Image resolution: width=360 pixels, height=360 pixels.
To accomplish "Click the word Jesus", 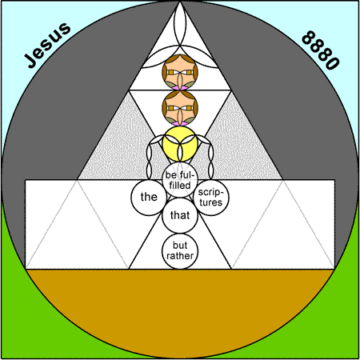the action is pyautogui.click(x=47, y=45).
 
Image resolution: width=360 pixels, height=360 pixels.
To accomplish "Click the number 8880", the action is pyautogui.click(x=321, y=50).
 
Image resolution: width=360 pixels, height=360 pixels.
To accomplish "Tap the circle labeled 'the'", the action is pyautogui.click(x=149, y=198).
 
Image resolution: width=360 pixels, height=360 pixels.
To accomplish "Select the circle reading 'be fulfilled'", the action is pyautogui.click(x=180, y=180).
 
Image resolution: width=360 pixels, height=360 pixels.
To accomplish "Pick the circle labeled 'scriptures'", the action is pyautogui.click(x=211, y=198).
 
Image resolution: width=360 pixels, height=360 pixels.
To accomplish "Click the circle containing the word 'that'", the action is pyautogui.click(x=180, y=215).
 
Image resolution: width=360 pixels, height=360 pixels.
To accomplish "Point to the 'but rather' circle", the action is pyautogui.click(x=180, y=251).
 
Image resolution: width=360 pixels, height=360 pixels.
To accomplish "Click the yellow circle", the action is pyautogui.click(x=180, y=144).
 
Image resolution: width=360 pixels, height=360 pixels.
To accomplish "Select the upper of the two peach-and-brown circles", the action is pyautogui.click(x=180, y=72).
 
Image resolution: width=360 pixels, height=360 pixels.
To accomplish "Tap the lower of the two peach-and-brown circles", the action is pyautogui.click(x=180, y=108).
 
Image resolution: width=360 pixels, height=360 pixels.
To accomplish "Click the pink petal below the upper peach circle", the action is pyautogui.click(x=180, y=88).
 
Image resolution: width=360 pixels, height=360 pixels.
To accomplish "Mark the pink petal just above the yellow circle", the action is pyautogui.click(x=180, y=123).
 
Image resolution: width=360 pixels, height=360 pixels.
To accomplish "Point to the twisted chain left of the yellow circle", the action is pyautogui.click(x=150, y=158).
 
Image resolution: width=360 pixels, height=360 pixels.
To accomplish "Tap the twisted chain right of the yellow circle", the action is pyautogui.click(x=210, y=158).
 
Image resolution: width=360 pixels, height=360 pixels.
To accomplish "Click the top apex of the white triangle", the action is pyautogui.click(x=180, y=2).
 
